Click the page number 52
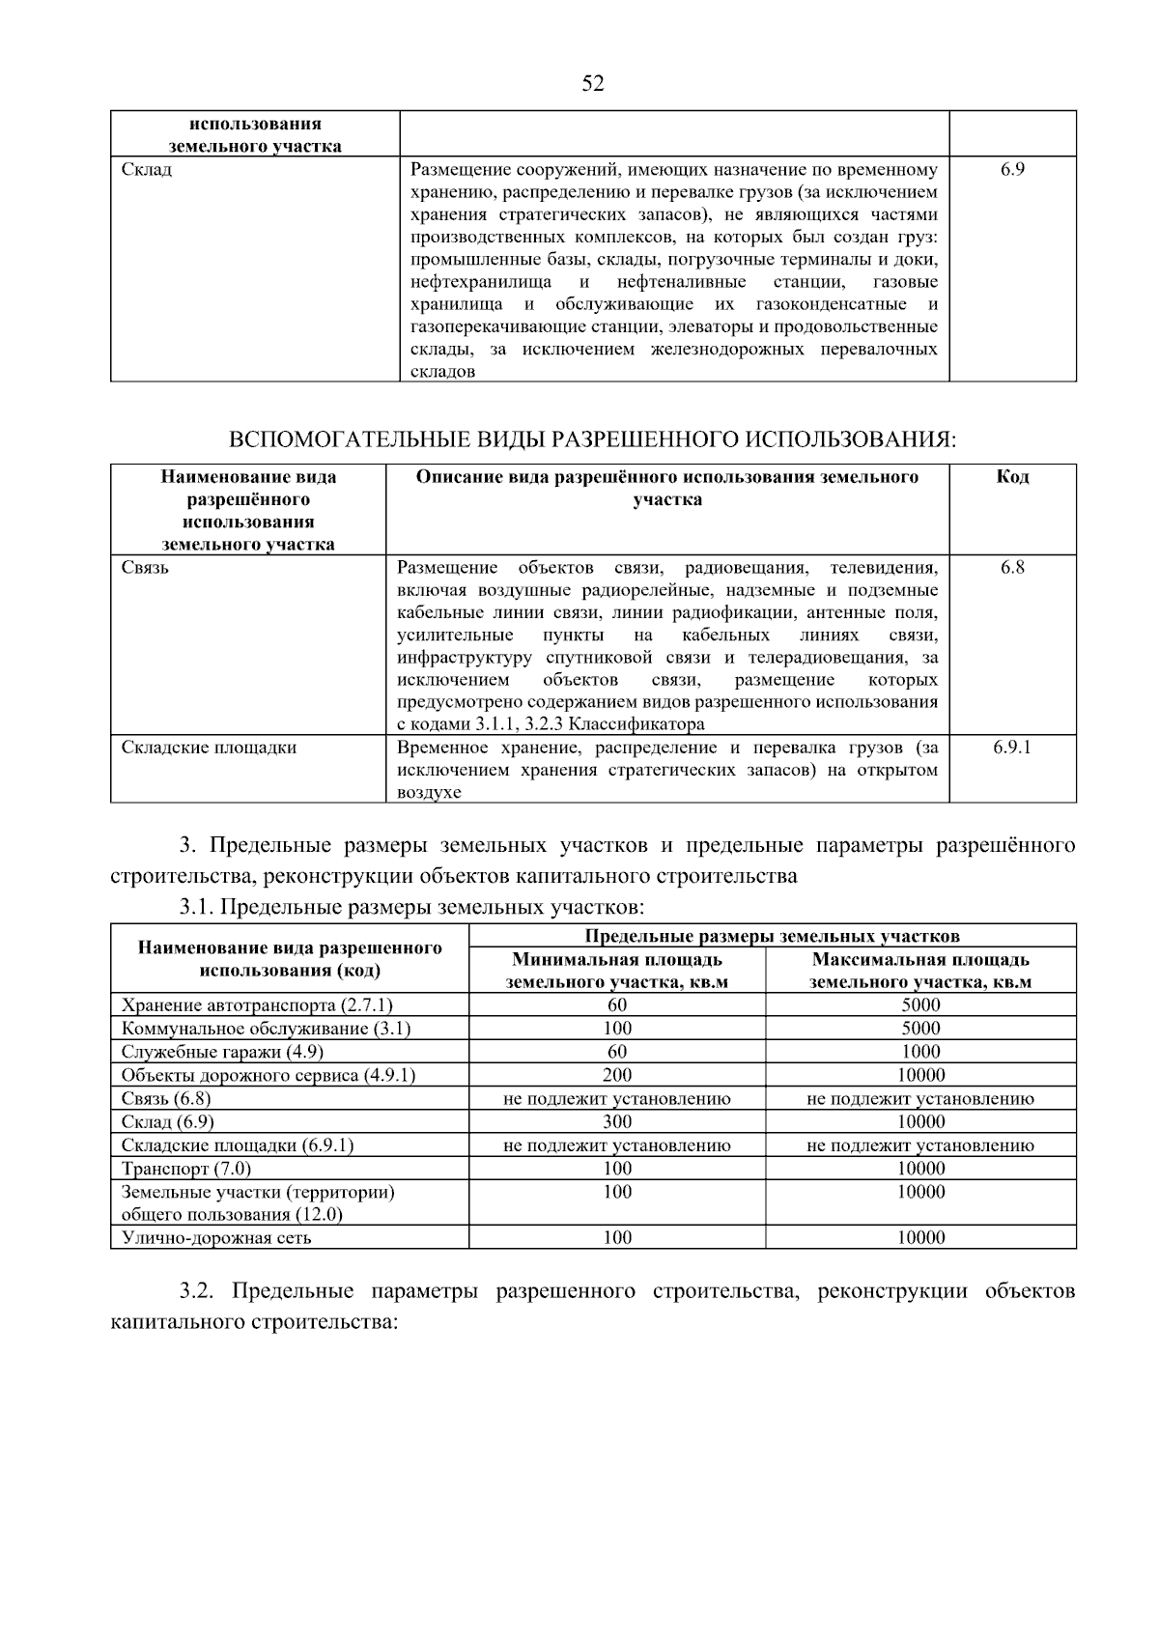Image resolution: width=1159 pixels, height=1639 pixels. [x=593, y=84]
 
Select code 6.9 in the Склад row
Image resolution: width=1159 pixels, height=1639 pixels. [x=1012, y=169]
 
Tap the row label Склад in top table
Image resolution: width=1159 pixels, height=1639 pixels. [x=147, y=170]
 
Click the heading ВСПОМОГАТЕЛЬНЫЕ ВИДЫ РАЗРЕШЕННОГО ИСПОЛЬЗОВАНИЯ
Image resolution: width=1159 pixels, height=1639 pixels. [x=592, y=439]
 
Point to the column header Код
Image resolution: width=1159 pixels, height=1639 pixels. [x=1012, y=477]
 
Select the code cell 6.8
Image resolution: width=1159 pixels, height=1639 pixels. [x=1012, y=567]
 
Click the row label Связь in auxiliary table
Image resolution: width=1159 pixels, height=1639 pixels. [x=145, y=567]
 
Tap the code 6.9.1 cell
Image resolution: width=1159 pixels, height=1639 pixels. [x=1012, y=747]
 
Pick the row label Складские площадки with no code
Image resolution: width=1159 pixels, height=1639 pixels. [x=209, y=748]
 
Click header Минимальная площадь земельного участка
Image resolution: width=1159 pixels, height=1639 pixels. [x=617, y=971]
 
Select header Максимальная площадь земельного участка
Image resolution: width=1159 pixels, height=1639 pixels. [x=920, y=971]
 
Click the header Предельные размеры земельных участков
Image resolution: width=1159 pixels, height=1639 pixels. [x=773, y=935]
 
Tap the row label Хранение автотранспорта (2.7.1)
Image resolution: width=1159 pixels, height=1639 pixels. [x=257, y=1005]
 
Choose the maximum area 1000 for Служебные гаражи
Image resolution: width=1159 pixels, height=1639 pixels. [x=920, y=1052]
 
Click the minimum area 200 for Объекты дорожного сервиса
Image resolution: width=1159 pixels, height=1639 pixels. [x=617, y=1075]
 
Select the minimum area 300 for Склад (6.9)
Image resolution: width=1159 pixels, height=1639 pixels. [x=617, y=1121]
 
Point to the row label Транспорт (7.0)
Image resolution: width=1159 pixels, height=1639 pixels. [x=185, y=1169]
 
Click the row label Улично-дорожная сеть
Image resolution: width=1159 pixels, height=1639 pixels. [x=216, y=1238]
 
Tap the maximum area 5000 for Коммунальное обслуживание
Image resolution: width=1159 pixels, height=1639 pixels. [x=920, y=1029]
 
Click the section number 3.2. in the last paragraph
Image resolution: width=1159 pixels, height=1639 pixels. [x=201, y=1291]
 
